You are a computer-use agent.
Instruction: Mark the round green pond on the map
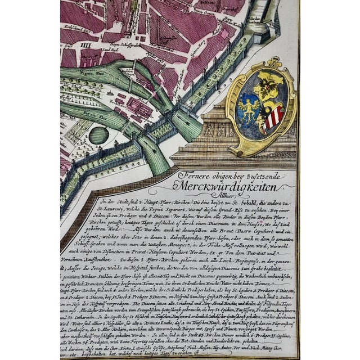(98, 136)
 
